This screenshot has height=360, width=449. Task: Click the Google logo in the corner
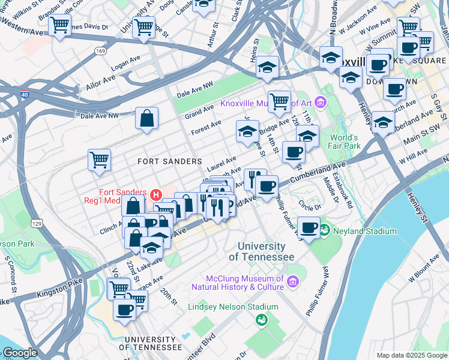tap(20, 353)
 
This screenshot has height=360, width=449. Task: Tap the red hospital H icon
tap(157, 194)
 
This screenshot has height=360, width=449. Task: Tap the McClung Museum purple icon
tap(292, 281)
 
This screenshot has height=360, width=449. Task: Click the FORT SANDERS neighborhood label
tap(169, 161)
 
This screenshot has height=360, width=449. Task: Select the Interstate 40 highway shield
tap(23, 95)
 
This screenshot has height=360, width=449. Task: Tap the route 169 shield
tap(100, 52)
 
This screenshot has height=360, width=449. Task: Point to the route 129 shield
tap(37, 223)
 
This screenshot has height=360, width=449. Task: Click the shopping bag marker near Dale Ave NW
tap(147, 119)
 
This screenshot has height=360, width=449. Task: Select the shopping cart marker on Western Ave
tap(60, 25)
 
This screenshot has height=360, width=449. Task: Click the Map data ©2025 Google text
tap(411, 355)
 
